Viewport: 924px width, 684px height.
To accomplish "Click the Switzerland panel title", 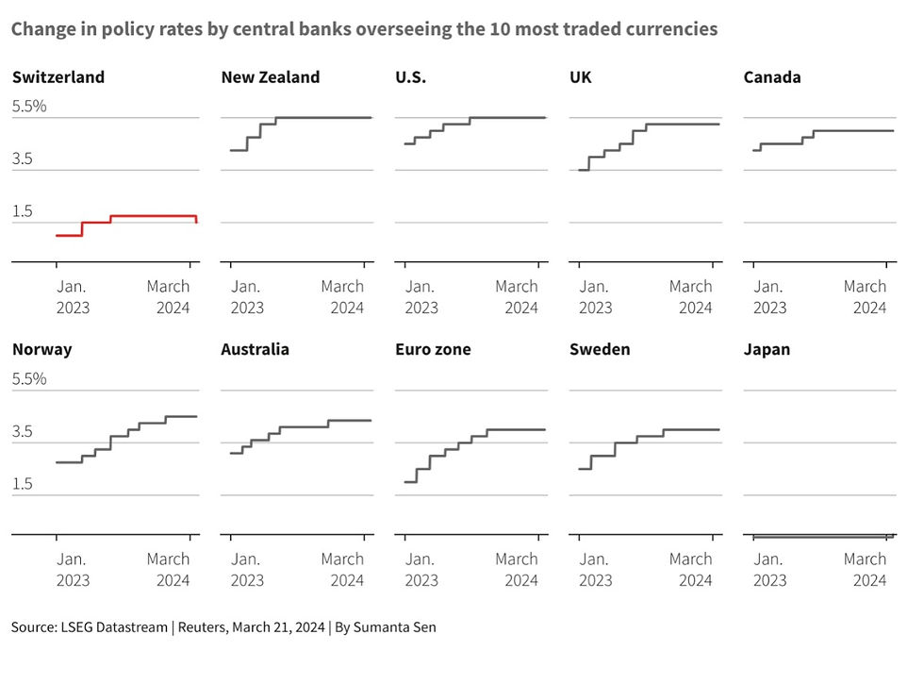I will pos(58,77).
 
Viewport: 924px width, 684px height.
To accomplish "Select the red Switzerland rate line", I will pos(151,216).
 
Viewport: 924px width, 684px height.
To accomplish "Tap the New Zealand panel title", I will pos(271,77).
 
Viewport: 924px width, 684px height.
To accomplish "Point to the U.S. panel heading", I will pos(411,77).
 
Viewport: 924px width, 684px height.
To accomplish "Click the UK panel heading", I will pos(581,77).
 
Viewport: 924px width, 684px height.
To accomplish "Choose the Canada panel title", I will pos(772,77).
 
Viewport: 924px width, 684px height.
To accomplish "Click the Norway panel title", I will pos(42,350).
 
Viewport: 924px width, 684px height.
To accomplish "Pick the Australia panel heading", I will pos(256,350).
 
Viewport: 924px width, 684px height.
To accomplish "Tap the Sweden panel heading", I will pos(600,350).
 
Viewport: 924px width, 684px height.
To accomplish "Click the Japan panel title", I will pos(767,350).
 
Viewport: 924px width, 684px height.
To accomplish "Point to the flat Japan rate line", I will pos(820,537).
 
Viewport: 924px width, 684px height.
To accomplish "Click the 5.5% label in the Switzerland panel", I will pos(29,107).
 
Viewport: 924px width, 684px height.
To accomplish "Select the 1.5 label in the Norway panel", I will pos(24,484).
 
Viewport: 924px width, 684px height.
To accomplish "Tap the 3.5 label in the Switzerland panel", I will pos(24,159).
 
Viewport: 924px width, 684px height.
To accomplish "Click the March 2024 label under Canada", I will pos(865,296).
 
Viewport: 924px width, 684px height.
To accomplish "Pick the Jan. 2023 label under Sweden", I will pos(596,569).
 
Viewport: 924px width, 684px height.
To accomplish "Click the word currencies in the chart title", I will pos(670,29).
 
